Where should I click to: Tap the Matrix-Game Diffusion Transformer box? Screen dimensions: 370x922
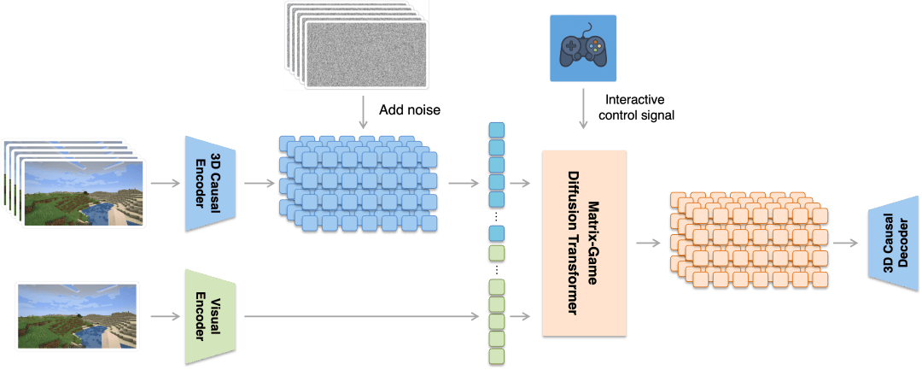click(584, 243)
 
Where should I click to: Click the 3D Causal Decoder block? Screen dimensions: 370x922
click(891, 242)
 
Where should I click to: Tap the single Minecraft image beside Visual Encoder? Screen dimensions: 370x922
click(78, 317)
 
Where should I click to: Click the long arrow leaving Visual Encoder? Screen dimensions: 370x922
click(359, 318)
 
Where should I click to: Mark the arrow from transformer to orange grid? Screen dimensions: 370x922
click(646, 244)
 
